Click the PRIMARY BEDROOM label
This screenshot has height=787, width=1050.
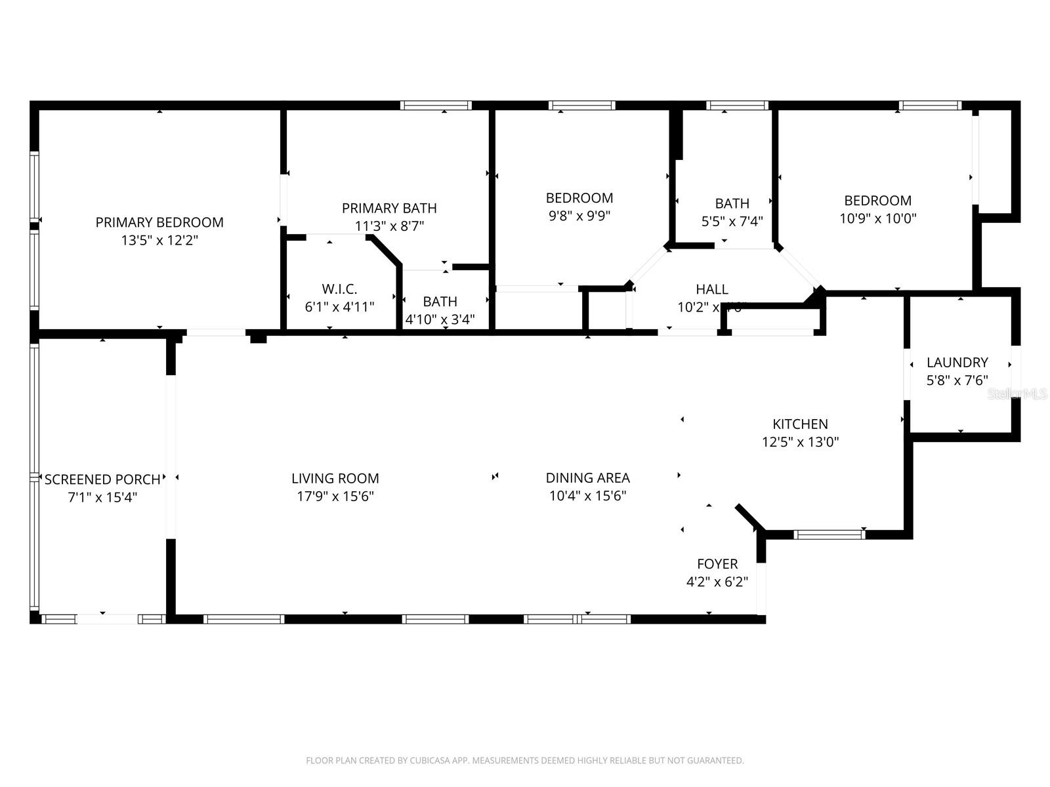point(159,222)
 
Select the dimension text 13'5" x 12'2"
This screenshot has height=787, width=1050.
point(159,240)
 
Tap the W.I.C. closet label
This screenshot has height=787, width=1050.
point(339,289)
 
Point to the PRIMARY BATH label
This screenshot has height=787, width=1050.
point(389,208)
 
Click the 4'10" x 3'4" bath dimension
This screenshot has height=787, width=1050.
point(440,319)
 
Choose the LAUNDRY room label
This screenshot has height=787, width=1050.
point(957,362)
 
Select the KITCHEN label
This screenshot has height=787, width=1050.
point(800,424)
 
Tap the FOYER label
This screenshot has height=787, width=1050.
point(717,564)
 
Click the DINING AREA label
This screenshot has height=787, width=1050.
point(587,478)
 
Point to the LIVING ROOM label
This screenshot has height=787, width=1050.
point(335,479)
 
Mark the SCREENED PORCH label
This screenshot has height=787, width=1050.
point(102,479)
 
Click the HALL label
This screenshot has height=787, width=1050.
point(712,289)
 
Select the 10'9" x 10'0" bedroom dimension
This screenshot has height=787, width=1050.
point(877,218)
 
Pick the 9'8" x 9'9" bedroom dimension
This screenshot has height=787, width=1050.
point(579,216)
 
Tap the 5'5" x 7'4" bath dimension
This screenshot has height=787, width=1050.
point(732,221)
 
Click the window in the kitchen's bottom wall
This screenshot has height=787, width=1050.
point(829,535)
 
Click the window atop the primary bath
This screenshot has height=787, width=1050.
point(436,105)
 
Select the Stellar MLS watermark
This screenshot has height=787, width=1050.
point(1017,393)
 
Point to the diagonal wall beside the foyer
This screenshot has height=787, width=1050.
point(749,517)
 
